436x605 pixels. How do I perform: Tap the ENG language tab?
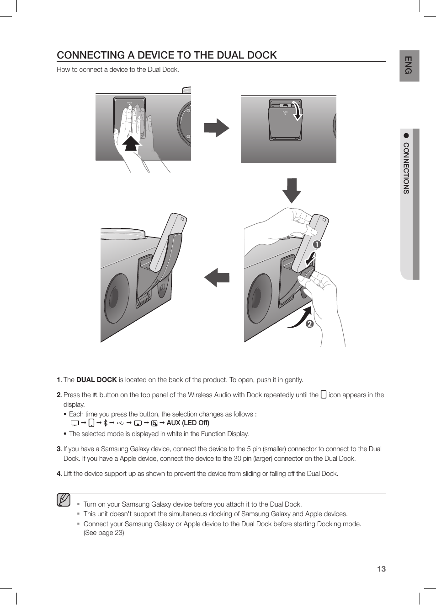click(409, 65)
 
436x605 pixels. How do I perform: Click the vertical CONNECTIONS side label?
click(406, 168)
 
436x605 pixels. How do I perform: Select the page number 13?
click(381, 569)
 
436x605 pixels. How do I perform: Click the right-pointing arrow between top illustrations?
click(216, 128)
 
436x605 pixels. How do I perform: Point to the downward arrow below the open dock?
click(292, 190)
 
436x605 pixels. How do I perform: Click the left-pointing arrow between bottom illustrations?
click(217, 277)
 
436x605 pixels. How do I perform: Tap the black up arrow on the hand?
click(131, 143)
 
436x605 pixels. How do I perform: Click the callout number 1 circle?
click(317, 244)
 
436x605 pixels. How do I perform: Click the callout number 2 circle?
click(309, 324)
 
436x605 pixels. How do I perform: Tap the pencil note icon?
click(64, 500)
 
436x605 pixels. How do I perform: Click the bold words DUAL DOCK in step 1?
click(96, 380)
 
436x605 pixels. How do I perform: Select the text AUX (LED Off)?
click(188, 423)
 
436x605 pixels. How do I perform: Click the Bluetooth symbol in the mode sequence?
click(105, 423)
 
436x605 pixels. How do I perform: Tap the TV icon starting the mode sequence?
click(74, 423)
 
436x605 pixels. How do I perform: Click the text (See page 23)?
click(104, 533)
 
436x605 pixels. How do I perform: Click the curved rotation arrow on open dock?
click(298, 111)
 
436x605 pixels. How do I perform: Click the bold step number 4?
click(58, 474)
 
